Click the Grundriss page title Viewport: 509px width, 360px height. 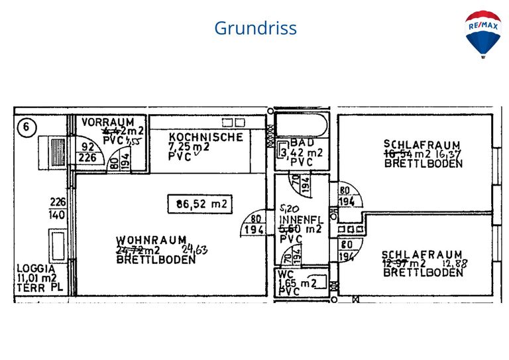[255, 29]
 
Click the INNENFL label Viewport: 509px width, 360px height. [302, 219]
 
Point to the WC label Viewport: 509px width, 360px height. [286, 274]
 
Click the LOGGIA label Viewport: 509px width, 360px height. [35, 270]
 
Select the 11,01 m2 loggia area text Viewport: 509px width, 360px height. [36, 279]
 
